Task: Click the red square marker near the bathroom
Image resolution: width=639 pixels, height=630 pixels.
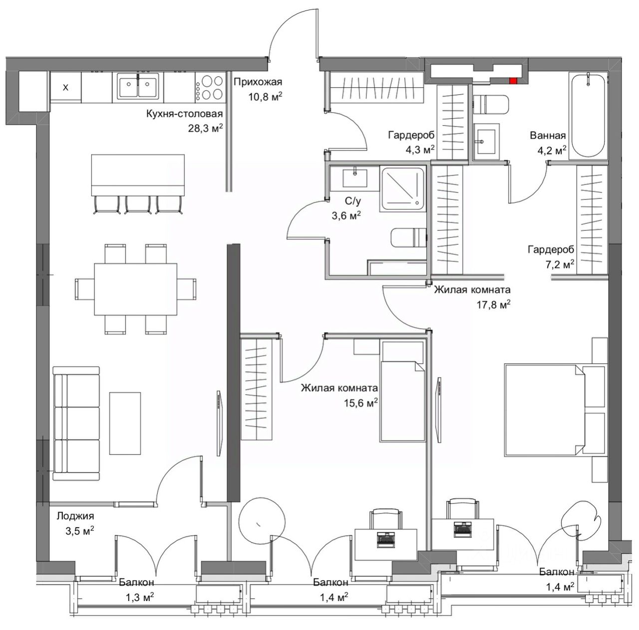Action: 513,80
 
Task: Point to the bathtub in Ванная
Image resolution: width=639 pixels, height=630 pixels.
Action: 588,115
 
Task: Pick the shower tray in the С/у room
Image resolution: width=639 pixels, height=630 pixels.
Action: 402,189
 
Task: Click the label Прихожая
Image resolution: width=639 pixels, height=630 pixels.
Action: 258,82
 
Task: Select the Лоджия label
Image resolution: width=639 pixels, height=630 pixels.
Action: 75,516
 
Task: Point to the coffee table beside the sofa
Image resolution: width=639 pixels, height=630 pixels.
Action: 125,423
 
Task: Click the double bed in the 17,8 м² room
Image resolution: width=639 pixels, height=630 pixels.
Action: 556,410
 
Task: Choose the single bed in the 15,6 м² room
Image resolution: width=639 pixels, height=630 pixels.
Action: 403,391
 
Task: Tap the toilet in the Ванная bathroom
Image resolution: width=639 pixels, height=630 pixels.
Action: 490,104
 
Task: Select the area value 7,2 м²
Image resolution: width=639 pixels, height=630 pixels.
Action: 560,264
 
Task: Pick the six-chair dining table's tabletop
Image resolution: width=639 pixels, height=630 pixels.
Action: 136,289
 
